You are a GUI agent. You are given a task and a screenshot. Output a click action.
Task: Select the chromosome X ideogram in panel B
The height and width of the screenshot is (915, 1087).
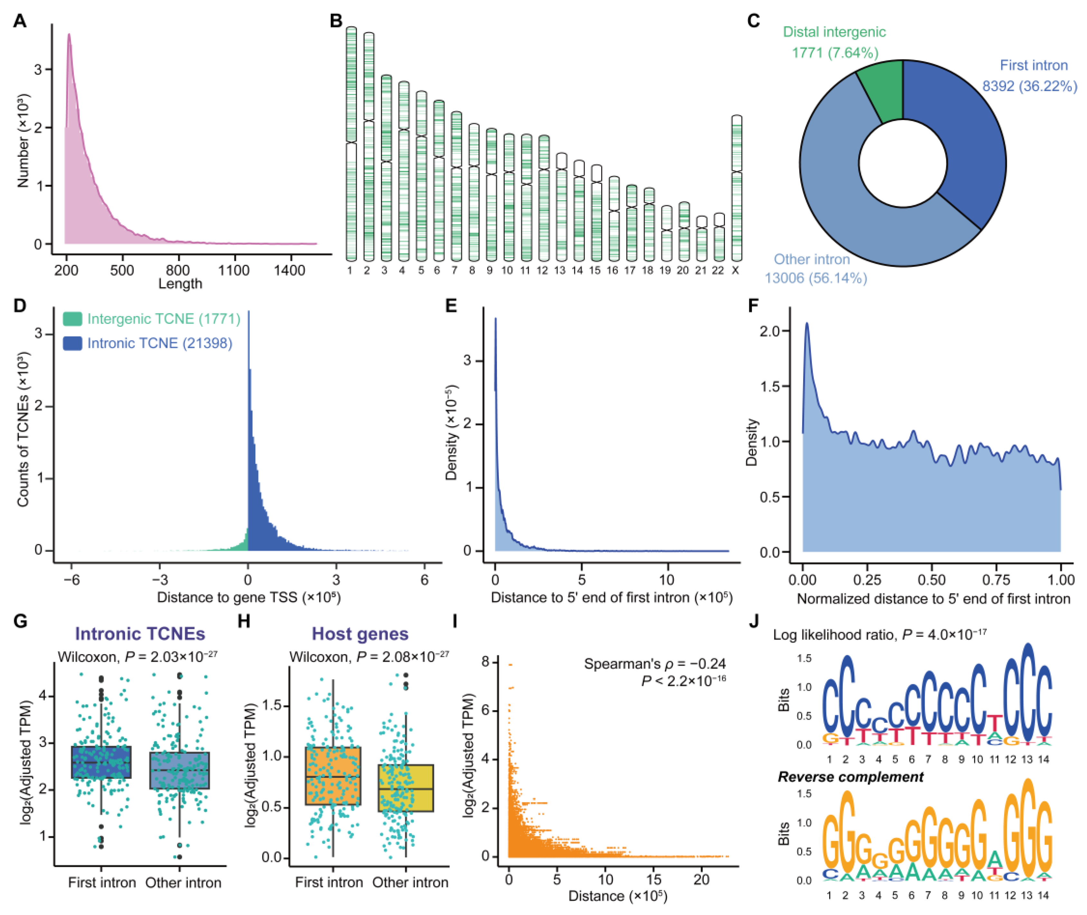click(736, 188)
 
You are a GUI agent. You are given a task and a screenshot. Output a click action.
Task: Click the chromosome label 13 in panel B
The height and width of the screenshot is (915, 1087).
click(559, 271)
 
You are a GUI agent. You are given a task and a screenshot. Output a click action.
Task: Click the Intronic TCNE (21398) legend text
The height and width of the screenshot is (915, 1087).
click(159, 343)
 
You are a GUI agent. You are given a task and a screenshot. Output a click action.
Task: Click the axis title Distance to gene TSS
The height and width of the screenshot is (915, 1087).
click(248, 598)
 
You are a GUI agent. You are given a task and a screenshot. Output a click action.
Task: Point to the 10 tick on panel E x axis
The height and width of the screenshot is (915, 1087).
click(667, 579)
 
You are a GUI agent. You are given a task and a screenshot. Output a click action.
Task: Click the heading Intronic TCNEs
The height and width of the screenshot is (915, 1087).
click(140, 634)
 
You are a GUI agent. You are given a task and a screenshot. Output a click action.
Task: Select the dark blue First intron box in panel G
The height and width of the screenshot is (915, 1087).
click(101, 762)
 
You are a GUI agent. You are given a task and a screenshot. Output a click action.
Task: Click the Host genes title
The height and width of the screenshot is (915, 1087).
click(360, 634)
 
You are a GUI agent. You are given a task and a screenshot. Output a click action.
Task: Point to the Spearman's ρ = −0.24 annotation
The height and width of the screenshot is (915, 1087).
click(654, 664)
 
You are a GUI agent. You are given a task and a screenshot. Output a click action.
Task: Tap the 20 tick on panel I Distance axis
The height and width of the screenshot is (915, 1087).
click(701, 879)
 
